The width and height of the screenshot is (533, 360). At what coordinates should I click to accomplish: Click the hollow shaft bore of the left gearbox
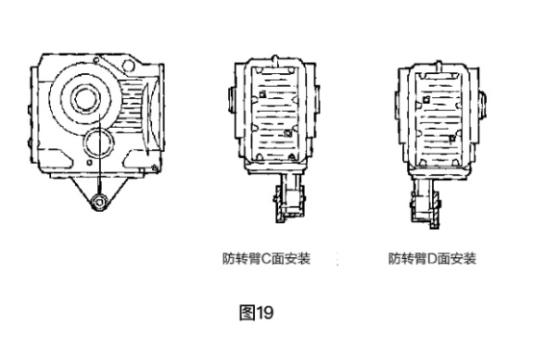85,98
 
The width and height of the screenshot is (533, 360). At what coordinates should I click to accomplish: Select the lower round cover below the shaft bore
98,142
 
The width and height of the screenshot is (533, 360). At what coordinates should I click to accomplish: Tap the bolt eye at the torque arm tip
99,202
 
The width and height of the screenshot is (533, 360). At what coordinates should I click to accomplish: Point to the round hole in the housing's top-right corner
129,64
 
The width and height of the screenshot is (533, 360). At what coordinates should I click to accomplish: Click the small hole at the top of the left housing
96,61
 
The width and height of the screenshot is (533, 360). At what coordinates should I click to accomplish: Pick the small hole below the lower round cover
89,163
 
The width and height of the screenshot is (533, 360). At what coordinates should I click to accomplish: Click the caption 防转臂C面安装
266,259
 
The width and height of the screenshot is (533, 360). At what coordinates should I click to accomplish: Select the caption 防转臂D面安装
432,259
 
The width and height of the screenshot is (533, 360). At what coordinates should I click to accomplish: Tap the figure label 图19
256,313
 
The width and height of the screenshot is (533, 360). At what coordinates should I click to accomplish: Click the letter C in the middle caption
266,259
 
